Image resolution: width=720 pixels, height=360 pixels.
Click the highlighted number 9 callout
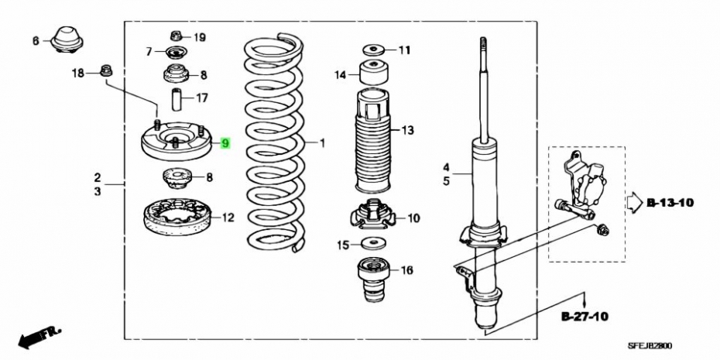225,144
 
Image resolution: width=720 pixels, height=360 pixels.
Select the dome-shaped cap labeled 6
67,39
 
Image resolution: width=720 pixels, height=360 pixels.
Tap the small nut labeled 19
176,36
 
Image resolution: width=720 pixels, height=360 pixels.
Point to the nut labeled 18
106,70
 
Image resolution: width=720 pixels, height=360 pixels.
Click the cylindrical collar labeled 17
177,99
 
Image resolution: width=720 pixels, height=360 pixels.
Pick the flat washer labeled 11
372,49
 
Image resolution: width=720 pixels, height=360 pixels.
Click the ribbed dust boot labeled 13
372,142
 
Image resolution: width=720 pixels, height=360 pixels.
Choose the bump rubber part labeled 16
373,280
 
